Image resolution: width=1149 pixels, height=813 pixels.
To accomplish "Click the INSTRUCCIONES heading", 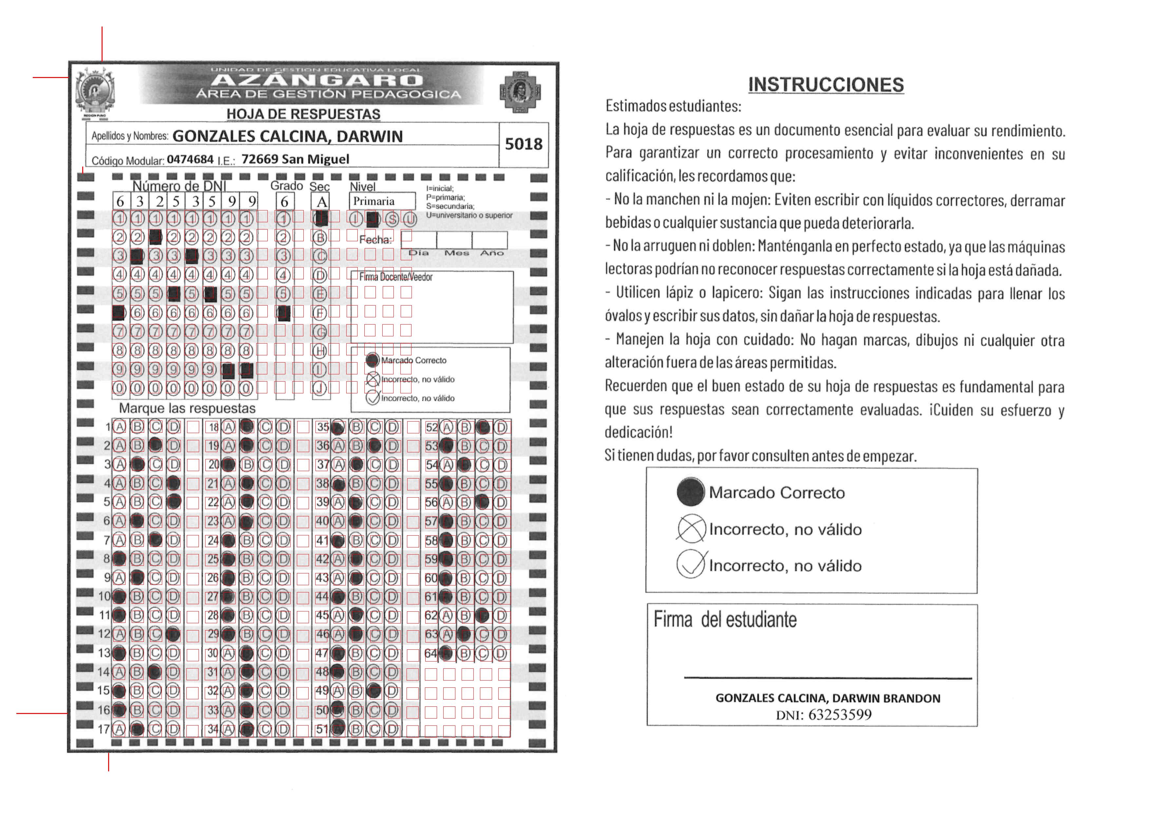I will tap(826, 85).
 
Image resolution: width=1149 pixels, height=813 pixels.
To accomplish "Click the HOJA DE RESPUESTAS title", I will tap(303, 114).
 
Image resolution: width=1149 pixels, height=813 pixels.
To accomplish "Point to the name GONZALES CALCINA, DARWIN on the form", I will tap(287, 136).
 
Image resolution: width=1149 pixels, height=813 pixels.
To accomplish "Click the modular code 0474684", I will tap(190, 159).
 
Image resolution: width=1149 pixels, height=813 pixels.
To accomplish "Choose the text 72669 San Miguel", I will tap(295, 159).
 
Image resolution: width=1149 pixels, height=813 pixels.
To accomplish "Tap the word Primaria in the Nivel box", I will tap(374, 201).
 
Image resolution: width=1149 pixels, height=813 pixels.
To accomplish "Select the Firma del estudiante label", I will tap(725, 620).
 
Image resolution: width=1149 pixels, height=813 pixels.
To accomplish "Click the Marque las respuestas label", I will tap(187, 408).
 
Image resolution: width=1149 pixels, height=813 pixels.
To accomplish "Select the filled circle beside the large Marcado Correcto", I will tap(690, 492).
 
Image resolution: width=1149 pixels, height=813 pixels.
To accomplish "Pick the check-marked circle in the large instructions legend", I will tap(691, 565).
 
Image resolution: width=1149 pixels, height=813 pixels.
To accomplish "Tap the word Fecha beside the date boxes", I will tap(375, 240).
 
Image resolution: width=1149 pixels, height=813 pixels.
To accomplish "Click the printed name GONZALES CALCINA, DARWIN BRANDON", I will tap(828, 698).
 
